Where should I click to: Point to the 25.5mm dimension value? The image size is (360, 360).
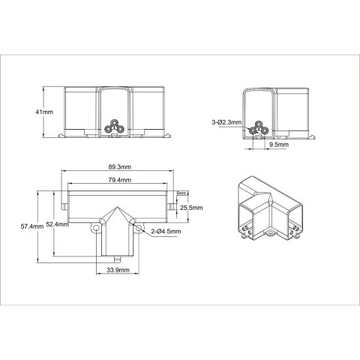click(x=193, y=207)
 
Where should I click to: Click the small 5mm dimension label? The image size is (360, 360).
click(x=181, y=193)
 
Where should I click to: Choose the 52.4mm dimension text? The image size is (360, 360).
click(x=57, y=223)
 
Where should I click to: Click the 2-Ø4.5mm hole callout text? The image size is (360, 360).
click(x=165, y=232)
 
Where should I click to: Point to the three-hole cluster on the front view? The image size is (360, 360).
click(x=114, y=126)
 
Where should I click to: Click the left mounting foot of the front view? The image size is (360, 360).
click(x=63, y=137)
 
